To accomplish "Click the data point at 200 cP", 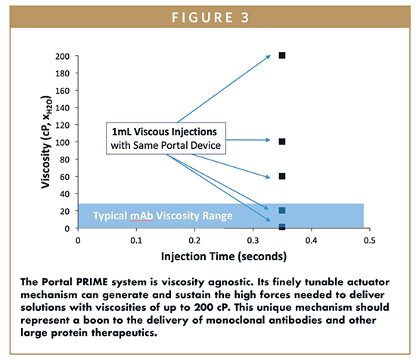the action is point(282,55).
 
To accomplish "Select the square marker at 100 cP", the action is point(282,141).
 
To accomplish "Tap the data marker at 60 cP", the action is point(282,176).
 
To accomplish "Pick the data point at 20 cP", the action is point(282,211).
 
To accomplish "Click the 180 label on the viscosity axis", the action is point(62,73).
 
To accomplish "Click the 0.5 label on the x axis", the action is point(370,241).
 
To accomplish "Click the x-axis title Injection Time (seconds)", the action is point(224,256).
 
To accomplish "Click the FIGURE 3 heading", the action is point(210,17).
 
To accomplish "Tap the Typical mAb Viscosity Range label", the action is point(163,216).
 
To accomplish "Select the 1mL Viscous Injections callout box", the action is point(166,138).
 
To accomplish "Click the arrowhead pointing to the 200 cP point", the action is point(269,57).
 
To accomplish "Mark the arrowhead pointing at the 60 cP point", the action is point(268,177).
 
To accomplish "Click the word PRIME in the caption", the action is point(92,282).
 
